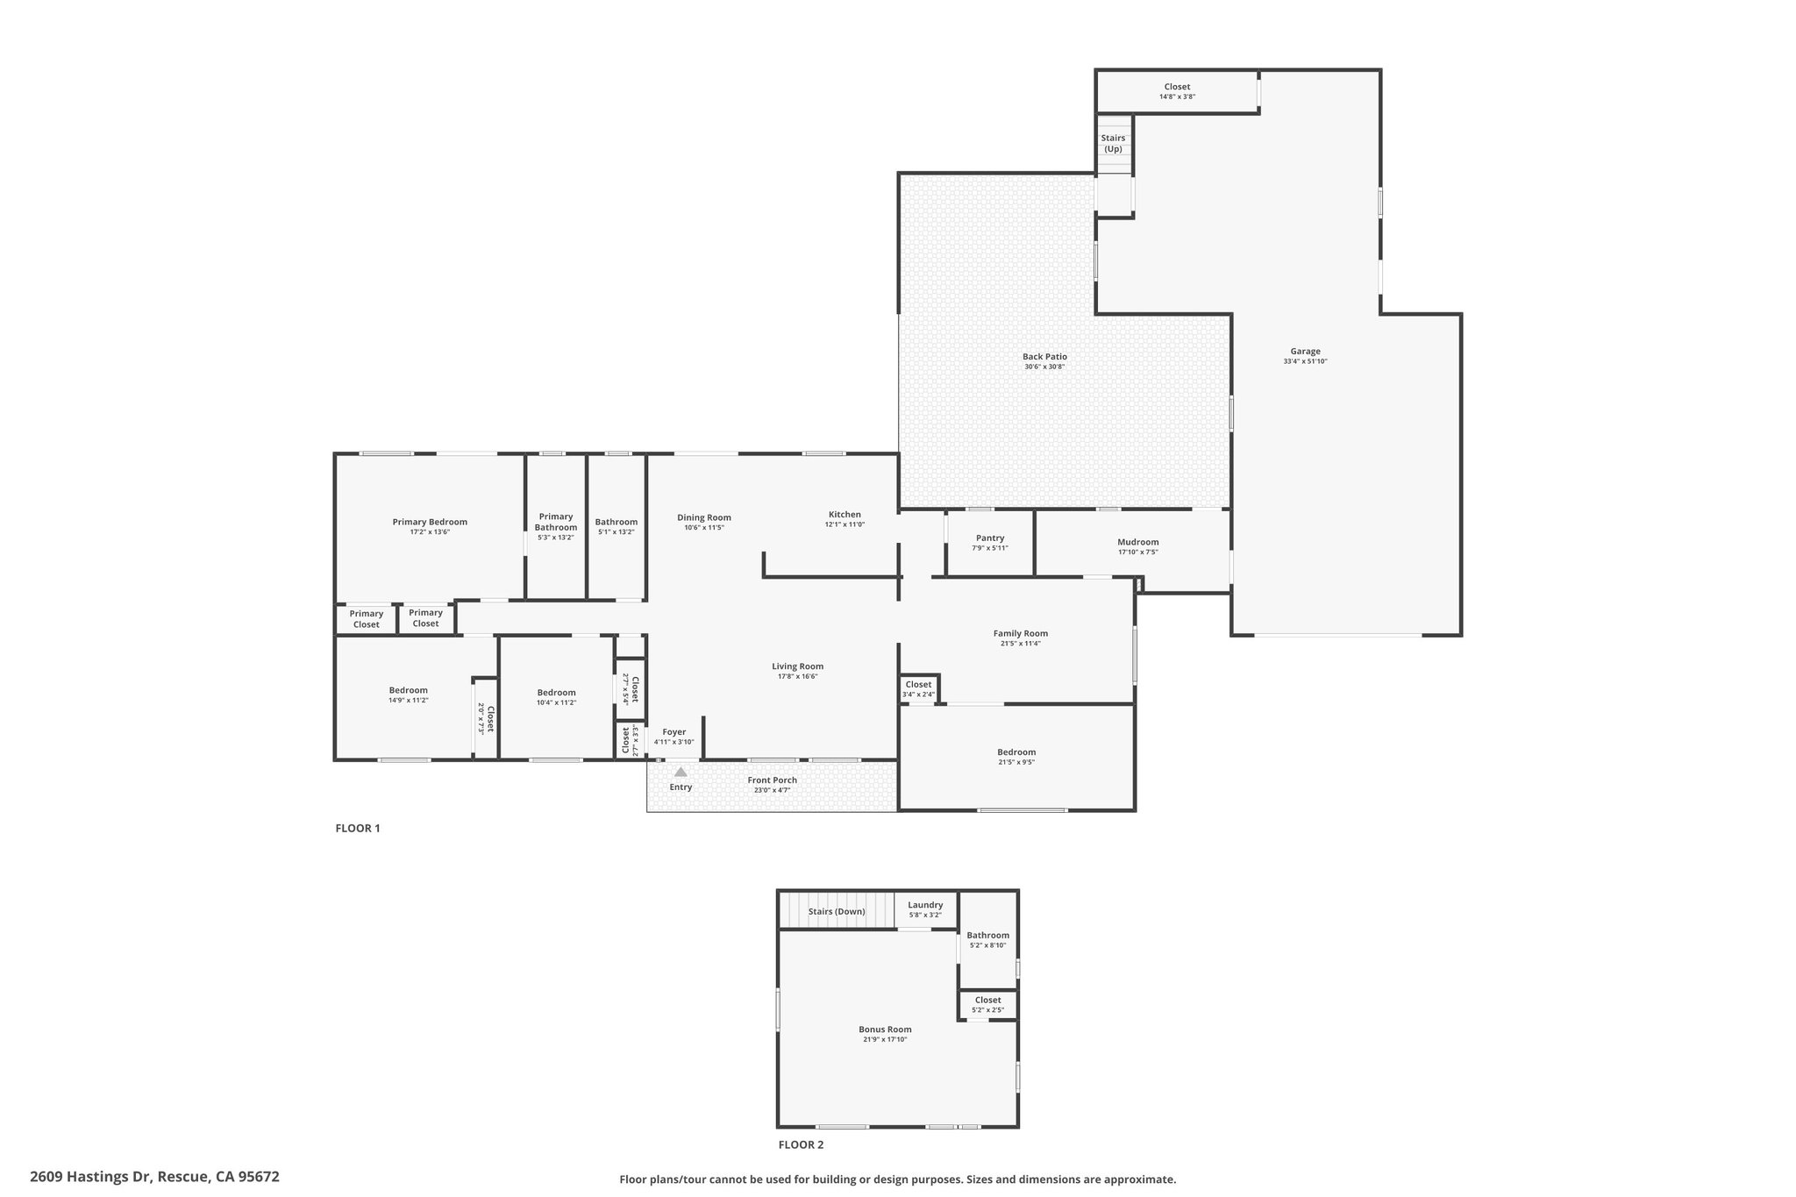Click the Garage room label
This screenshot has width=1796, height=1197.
point(1305,352)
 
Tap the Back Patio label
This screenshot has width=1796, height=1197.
point(1044,357)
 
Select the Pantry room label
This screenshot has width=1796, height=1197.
point(989,538)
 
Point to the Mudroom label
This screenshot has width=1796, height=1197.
point(1137,542)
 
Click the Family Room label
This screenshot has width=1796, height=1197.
point(1020,633)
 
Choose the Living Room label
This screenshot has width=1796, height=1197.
point(797,666)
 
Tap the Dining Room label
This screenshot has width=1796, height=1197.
point(703,517)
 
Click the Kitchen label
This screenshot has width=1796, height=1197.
point(845,515)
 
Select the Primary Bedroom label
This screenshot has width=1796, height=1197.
point(430,522)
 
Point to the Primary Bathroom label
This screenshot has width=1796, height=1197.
point(556,522)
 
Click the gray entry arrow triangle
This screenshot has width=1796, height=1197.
point(681,772)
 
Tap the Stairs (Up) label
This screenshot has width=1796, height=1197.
point(1113,143)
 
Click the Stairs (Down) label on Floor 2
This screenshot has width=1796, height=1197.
point(837,911)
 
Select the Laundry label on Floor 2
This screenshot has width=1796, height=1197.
point(925,905)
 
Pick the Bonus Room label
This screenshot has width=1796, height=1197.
point(885,1030)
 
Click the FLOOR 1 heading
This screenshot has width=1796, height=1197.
point(358,828)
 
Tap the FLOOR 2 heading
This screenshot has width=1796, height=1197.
point(801,1144)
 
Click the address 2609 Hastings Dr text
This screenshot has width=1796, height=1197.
point(154,1177)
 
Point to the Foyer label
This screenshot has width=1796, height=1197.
point(673,732)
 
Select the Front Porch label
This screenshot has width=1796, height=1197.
point(772,780)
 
